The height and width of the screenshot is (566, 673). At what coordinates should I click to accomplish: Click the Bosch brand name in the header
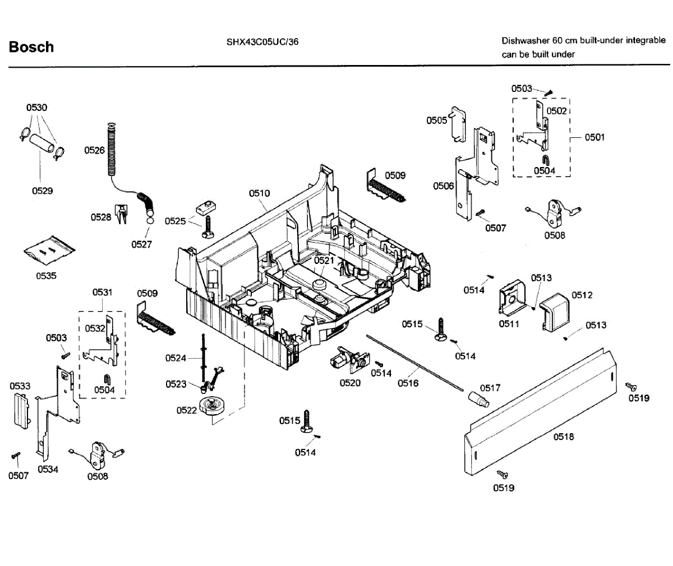point(31,47)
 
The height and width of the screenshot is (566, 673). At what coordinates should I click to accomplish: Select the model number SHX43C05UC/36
point(262,41)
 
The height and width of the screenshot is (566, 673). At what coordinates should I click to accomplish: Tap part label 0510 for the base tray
point(259,193)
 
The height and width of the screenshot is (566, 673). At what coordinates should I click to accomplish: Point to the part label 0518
point(564,437)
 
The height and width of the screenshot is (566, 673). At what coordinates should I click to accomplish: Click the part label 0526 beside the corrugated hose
point(94,150)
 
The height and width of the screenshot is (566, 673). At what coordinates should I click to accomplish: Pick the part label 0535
point(46,276)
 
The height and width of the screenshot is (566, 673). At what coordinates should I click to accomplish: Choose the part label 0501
point(594,137)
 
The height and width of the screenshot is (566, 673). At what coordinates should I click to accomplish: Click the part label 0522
point(186,410)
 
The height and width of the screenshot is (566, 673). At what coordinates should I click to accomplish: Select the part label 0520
point(350,383)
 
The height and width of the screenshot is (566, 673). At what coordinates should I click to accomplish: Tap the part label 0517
point(490,388)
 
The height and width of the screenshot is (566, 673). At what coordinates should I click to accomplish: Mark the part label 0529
point(42,191)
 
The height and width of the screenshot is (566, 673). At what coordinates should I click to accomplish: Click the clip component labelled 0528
point(121,213)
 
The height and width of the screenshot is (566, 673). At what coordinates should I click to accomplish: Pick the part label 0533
point(20,386)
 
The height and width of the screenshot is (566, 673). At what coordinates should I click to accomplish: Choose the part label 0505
point(436,120)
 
